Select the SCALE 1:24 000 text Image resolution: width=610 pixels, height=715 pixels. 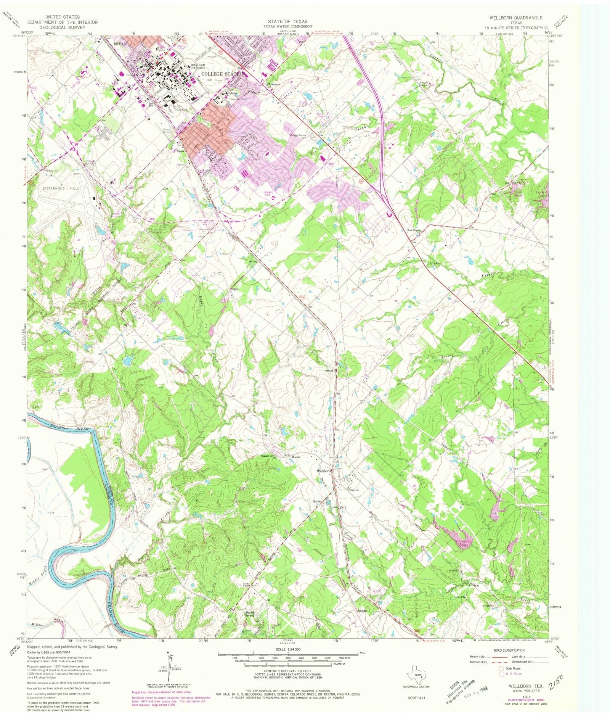288,649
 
